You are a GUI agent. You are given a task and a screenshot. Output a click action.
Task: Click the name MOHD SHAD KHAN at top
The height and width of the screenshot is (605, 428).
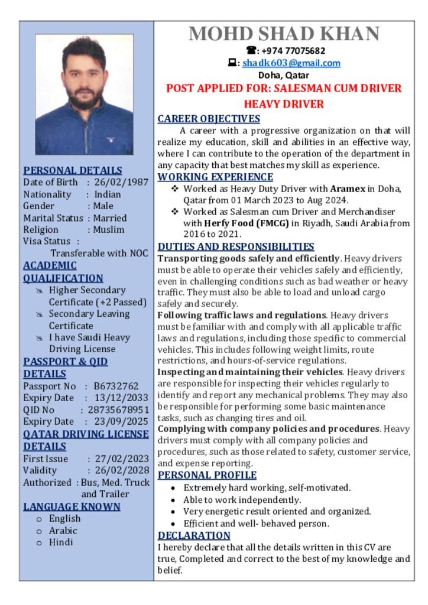tap(284, 34)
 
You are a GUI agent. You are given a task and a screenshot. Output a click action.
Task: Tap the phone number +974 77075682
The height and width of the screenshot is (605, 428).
tap(290, 51)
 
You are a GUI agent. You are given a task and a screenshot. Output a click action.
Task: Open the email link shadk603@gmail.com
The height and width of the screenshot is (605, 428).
tap(291, 63)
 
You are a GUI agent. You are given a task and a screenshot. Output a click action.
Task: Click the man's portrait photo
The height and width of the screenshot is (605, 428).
tap(85, 95)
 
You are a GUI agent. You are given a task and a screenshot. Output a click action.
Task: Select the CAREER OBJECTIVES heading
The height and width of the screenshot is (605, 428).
tap(209, 119)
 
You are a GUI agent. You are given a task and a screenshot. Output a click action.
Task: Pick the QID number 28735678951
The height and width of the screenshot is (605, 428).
tap(118, 409)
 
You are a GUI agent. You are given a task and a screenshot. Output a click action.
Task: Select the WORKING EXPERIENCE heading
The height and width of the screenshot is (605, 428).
tap(215, 177)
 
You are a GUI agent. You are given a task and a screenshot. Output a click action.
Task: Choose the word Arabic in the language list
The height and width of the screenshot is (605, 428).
tap(63, 531)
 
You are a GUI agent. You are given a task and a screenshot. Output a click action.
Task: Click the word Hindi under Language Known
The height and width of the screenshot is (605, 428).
tap(61, 542)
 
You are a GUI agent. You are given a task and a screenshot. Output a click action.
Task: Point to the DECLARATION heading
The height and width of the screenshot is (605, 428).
tap(193, 535)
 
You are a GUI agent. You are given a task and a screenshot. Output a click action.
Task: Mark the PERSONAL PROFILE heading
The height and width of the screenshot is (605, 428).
tap(207, 475)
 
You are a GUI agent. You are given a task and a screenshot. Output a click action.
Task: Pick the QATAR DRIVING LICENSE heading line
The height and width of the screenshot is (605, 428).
tap(86, 434)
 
